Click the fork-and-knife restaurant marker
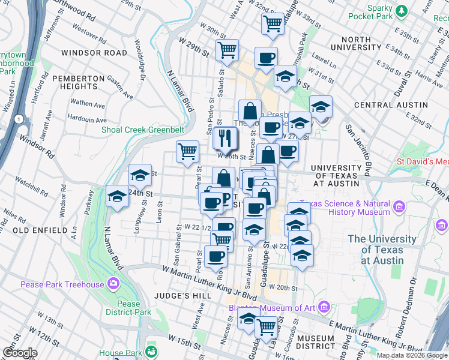226,138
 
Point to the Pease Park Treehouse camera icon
113,284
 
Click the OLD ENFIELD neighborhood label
40,230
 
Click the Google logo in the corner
20,353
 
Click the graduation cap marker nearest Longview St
140,175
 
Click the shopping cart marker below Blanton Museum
266,327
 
